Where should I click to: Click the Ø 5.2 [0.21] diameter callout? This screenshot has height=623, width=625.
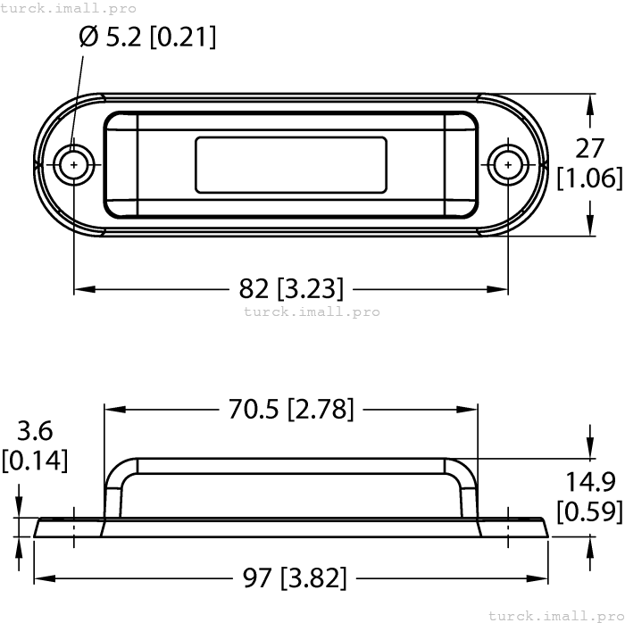pyautogui.click(x=147, y=37)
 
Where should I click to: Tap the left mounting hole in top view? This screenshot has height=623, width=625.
pyautogui.click(x=73, y=164)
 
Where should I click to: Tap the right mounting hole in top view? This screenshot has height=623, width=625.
pyautogui.click(x=508, y=164)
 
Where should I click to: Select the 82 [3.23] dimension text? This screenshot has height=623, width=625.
pyautogui.click(x=291, y=288)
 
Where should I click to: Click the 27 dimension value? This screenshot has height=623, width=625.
pyautogui.click(x=589, y=148)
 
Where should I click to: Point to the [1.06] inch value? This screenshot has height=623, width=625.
pyautogui.click(x=589, y=178)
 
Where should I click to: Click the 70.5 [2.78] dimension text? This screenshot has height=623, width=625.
pyautogui.click(x=291, y=409)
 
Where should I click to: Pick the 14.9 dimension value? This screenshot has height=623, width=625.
pyautogui.click(x=589, y=482)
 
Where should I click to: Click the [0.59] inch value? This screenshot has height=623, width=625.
pyautogui.click(x=589, y=511)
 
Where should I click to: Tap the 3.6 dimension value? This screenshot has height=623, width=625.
pyautogui.click(x=35, y=431)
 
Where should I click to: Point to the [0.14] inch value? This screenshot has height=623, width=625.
pyautogui.click(x=35, y=461)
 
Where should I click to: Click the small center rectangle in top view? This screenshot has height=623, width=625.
pyautogui.click(x=291, y=164)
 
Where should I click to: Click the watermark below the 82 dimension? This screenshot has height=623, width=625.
pyautogui.click(x=312, y=311)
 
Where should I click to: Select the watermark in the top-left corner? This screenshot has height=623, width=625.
pyautogui.click(x=69, y=8)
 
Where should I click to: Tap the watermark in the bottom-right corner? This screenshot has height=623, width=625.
pyautogui.click(x=555, y=615)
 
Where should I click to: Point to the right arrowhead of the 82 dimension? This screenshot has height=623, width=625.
pyautogui.click(x=501, y=288)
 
